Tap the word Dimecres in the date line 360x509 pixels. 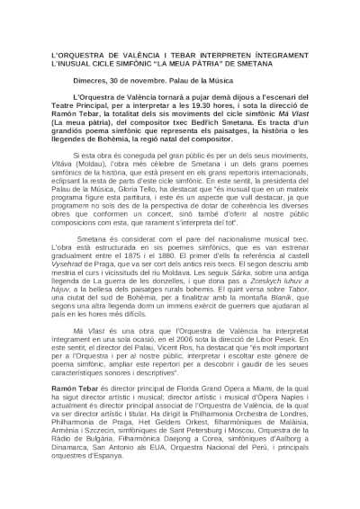coord(92,80)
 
